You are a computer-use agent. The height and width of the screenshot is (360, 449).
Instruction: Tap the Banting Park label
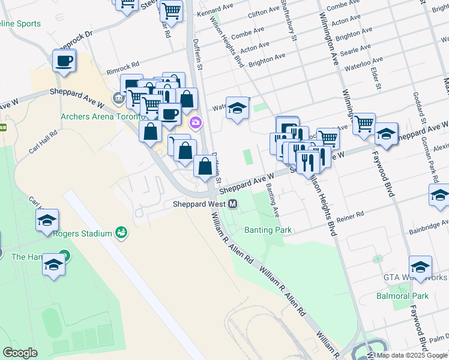267,230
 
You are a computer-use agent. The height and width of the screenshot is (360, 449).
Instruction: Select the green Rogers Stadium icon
122,232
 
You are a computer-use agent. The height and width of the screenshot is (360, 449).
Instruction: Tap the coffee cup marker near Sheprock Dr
64,61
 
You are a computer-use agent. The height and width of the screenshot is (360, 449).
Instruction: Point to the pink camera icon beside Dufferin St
196,123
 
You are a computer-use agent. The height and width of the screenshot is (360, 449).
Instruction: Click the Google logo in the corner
20,352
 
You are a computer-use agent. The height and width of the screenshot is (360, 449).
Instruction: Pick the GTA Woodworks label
415,278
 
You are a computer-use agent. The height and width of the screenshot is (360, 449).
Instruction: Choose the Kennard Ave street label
215,11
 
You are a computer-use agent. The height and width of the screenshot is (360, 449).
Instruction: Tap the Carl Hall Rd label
41,145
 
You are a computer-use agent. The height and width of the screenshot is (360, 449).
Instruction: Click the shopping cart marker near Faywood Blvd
364,124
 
